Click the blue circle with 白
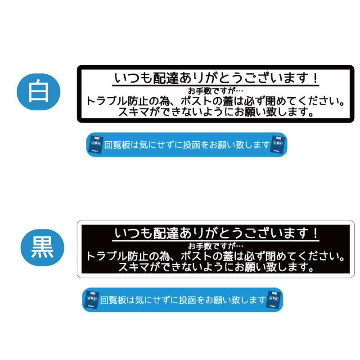(39, 92)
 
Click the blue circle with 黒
(42, 247)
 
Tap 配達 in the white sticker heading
(166, 78)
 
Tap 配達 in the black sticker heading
(166, 233)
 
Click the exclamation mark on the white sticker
(315, 78)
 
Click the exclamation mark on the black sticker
(315, 233)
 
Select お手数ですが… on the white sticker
(216, 91)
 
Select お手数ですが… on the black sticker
(216, 246)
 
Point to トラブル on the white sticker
(107, 101)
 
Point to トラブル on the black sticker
(107, 256)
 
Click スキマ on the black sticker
(134, 267)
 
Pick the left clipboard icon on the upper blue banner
(96, 144)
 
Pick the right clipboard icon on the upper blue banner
(278, 144)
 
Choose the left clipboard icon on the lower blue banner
(92, 300)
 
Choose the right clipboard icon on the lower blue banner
(274, 300)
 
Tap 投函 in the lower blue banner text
(188, 300)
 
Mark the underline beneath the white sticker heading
(216, 85)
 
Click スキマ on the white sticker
(134, 112)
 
